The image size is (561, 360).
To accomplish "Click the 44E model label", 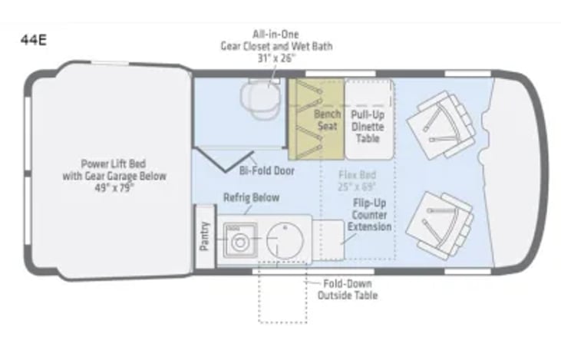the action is [34, 40].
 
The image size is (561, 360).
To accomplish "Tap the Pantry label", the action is [204, 236].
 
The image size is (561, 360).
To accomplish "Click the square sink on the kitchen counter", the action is [240, 240].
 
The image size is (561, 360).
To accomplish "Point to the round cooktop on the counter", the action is [285, 240].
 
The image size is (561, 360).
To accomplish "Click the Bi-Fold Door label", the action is [267, 171].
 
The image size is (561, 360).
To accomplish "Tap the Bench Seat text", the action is [328, 121].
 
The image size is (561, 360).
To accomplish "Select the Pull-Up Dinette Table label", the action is [368, 127].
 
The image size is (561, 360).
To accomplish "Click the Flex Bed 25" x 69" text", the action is [357, 181].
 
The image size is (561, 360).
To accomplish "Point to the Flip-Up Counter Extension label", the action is [369, 215].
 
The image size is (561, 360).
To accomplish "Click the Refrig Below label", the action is [251, 197].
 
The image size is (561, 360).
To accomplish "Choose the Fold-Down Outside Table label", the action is [348, 289].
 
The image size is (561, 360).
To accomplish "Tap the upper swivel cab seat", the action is [441, 125].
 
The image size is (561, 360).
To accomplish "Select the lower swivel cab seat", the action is [440, 226].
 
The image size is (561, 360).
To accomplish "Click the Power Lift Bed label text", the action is [114, 164].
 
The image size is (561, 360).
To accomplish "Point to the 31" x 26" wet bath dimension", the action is [276, 58].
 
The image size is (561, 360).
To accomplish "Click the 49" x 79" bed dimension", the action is [114, 187].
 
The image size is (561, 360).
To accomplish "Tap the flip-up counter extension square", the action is [328, 240].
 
